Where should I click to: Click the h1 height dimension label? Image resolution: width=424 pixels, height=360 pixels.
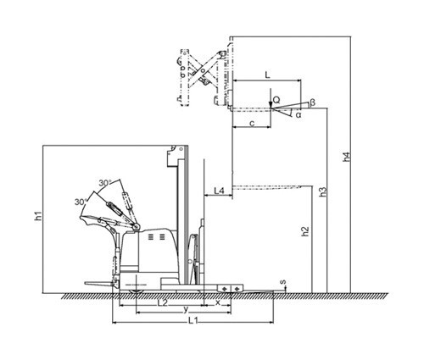click(39, 216)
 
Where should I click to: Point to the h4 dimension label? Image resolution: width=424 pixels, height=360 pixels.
click(346, 157)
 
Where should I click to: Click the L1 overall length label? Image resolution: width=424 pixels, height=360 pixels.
click(193, 321)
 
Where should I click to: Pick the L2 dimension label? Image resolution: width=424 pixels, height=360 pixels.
click(163, 302)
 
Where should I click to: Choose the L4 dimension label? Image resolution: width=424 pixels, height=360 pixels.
click(219, 191)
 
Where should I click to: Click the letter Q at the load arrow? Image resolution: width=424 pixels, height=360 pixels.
click(276, 99)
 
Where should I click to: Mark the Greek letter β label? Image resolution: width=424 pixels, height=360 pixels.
click(312, 102)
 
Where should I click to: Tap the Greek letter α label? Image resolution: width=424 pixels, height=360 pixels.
click(298, 115)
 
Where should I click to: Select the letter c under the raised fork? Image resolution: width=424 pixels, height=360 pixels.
click(253, 124)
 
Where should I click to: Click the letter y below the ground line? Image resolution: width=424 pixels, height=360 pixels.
click(186, 310)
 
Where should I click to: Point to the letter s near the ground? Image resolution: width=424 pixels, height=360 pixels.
click(282, 282)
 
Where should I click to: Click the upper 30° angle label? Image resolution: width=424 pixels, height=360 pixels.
click(105, 183)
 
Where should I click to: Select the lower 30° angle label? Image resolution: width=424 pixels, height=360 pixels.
click(81, 202)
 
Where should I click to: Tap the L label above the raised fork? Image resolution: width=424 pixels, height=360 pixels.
click(267, 75)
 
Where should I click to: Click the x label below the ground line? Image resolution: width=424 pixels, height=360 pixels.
click(218, 302)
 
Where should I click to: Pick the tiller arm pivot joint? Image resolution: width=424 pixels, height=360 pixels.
click(137, 226)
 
